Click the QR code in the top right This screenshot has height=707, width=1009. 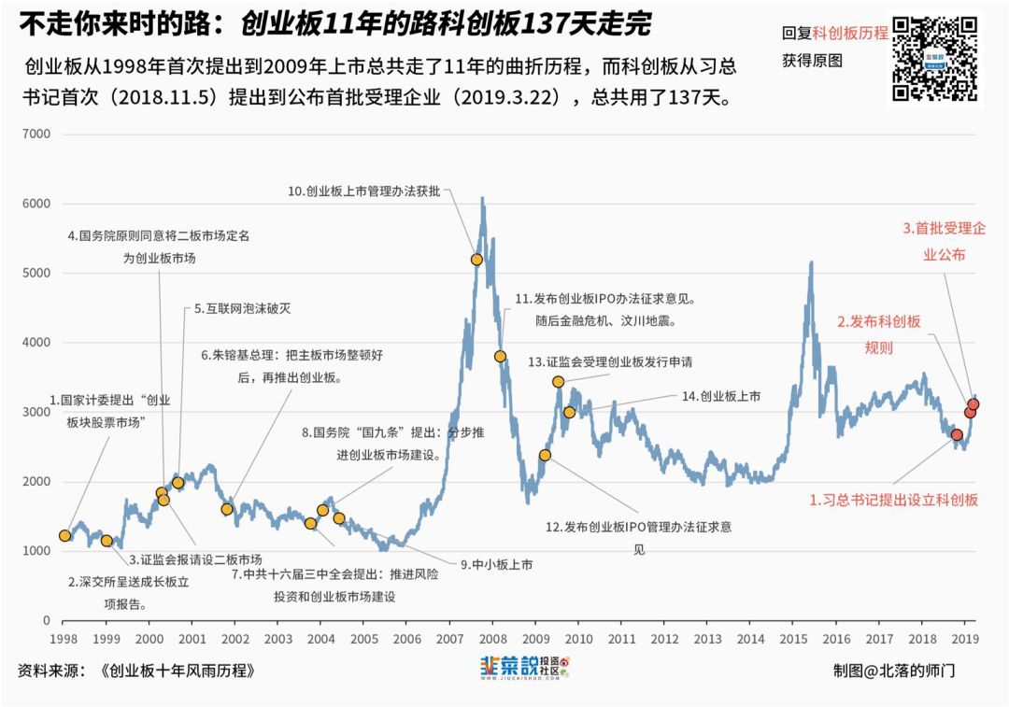click(x=934, y=58)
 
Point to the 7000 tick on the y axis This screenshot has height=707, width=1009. click(x=36, y=134)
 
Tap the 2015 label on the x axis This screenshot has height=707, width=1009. click(x=793, y=639)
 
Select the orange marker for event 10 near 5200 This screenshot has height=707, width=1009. click(x=476, y=260)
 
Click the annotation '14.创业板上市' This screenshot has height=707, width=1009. click(x=720, y=396)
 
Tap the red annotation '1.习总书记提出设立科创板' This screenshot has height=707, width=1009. click(x=893, y=500)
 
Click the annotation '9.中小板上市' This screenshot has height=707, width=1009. click(x=496, y=564)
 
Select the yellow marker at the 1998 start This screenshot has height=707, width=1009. click(x=64, y=535)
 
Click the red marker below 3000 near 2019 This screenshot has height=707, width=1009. click(x=957, y=434)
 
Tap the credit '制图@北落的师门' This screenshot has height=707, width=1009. click(x=894, y=671)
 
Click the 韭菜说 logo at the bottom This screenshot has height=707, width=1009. click(x=524, y=668)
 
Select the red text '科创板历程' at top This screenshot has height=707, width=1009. click(x=850, y=33)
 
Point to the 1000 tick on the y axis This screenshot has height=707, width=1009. click(x=36, y=551)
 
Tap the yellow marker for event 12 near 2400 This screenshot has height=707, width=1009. click(x=545, y=456)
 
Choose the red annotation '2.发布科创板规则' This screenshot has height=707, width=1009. click(x=877, y=334)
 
